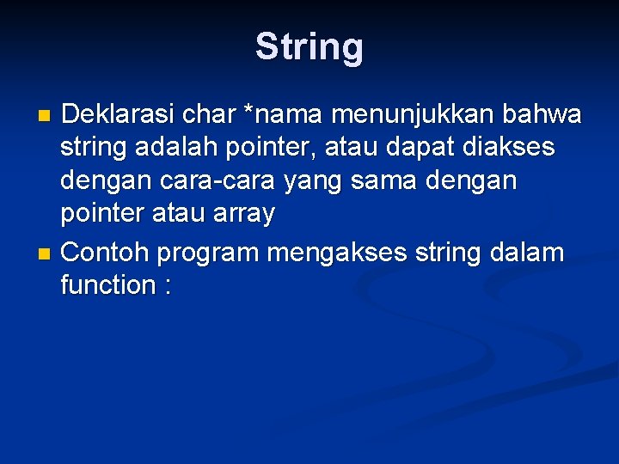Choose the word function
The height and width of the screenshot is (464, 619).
[x=107, y=286]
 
